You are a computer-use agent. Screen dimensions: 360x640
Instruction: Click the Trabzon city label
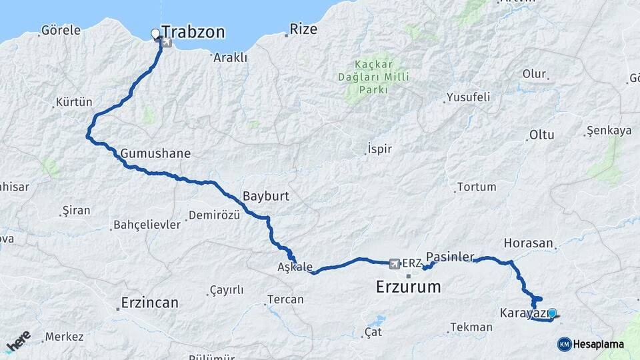(x=193, y=32)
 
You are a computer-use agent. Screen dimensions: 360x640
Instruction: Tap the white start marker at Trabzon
(x=155, y=33)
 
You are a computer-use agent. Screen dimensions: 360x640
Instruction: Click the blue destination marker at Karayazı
(x=552, y=312)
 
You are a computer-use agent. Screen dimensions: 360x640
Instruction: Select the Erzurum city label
(x=409, y=287)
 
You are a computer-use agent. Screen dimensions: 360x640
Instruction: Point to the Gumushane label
(x=155, y=153)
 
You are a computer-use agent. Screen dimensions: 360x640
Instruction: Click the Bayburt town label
(x=265, y=197)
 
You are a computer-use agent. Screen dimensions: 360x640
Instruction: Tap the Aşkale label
(x=295, y=267)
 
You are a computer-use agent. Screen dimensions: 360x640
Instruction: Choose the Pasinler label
(x=450, y=257)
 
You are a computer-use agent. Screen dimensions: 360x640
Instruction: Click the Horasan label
(x=529, y=243)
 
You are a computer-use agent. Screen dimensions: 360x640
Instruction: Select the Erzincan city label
(x=149, y=303)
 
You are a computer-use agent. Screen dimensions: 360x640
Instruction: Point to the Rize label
(x=303, y=30)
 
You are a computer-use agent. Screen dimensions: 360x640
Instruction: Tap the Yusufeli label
(x=468, y=97)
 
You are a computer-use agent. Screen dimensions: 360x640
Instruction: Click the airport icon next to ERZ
(x=394, y=263)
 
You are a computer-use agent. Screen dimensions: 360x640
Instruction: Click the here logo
(x=18, y=341)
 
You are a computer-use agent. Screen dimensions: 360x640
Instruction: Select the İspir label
(x=379, y=149)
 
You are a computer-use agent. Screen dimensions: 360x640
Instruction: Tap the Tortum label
(x=476, y=187)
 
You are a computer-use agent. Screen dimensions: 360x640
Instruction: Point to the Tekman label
(x=471, y=327)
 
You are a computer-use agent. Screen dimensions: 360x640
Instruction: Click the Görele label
(x=61, y=30)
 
